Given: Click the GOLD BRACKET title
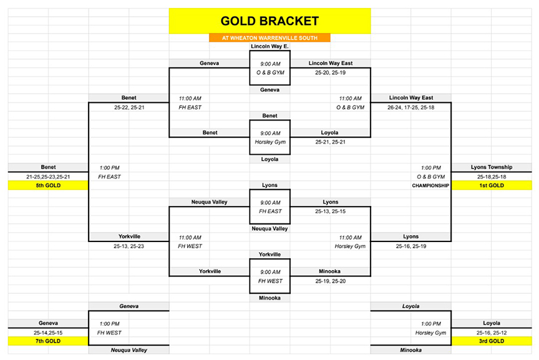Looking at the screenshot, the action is pyautogui.click(x=269, y=21).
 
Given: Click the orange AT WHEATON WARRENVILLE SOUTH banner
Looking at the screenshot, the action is pyautogui.click(x=269, y=38).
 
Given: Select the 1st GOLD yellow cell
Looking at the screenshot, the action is pyautogui.click(x=492, y=185).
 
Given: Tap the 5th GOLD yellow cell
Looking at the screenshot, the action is pyautogui.click(x=48, y=185).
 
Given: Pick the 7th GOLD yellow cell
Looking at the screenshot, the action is pyautogui.click(x=48, y=341).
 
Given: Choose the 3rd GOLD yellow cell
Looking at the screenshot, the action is pyautogui.click(x=492, y=341).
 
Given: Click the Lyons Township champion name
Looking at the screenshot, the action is pyautogui.click(x=492, y=167).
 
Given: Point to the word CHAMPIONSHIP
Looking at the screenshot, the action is pyautogui.click(x=430, y=186).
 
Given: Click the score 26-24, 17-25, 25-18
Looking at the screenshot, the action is pyautogui.click(x=410, y=107).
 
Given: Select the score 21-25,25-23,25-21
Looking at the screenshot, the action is pyautogui.click(x=48, y=177).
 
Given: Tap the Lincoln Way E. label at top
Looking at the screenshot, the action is pyautogui.click(x=269, y=46).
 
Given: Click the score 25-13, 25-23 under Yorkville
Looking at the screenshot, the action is pyautogui.click(x=129, y=246).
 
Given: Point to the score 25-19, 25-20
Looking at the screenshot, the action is pyautogui.click(x=331, y=281).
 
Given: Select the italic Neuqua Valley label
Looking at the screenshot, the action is pyautogui.click(x=129, y=350).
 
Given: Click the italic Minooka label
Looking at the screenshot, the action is pyautogui.click(x=410, y=350).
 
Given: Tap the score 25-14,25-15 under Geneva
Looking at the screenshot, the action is pyautogui.click(x=48, y=333).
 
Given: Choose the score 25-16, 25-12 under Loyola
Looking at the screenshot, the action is pyautogui.click(x=492, y=333).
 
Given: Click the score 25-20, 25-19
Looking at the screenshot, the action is pyautogui.click(x=331, y=73).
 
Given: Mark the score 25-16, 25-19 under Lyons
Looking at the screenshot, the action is pyautogui.click(x=410, y=246).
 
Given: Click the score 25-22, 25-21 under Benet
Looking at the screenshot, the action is pyautogui.click(x=129, y=107).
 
